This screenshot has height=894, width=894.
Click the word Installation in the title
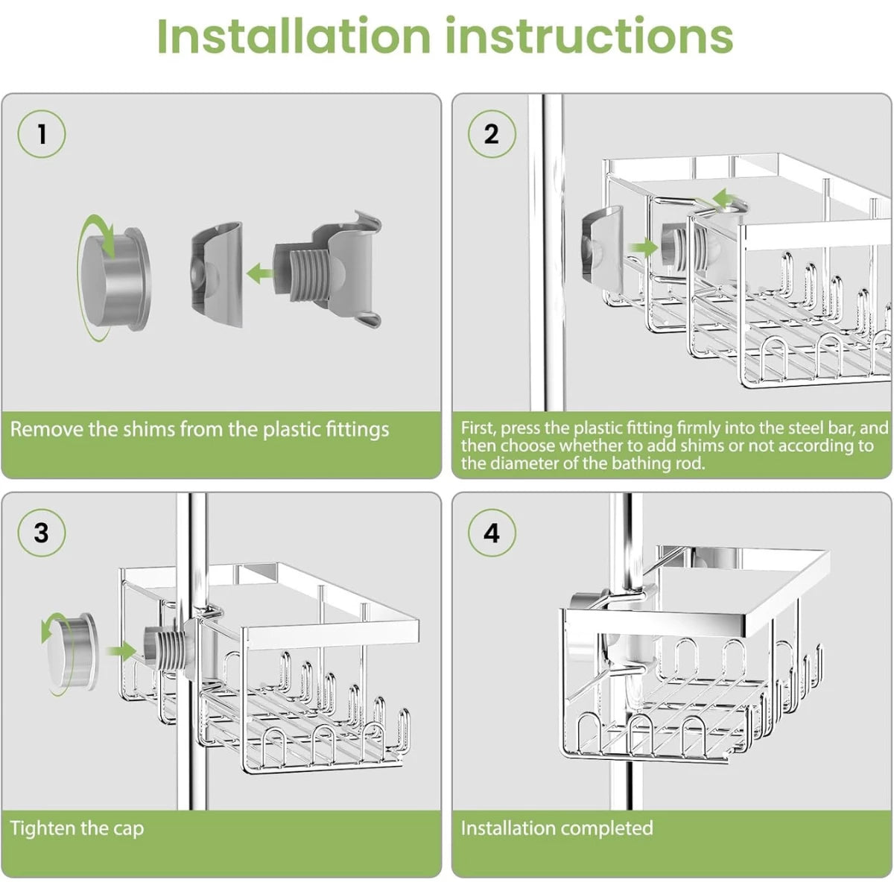[x=294, y=36]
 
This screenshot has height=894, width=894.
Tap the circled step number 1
[x=42, y=134]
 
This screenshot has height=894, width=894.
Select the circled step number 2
[x=491, y=134]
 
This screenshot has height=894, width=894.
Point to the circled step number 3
[x=42, y=533]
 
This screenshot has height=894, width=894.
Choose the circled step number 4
[x=491, y=533]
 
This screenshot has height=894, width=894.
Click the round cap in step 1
[x=112, y=277]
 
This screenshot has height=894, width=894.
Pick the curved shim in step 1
[x=218, y=274]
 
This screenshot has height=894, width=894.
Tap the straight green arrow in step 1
[x=260, y=273]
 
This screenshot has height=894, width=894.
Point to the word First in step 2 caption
[x=477, y=428]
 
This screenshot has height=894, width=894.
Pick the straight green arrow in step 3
[x=121, y=652]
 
